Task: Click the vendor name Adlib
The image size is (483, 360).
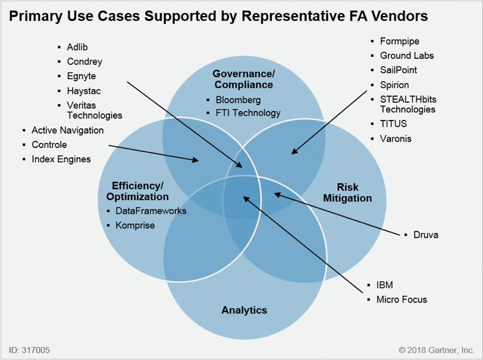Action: pyautogui.click(x=77, y=46)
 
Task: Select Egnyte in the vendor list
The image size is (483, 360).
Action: pyautogui.click(x=81, y=76)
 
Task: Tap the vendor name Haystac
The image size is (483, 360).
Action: pyautogui.click(x=83, y=91)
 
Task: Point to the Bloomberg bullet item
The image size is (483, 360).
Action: pyautogui.click(x=238, y=100)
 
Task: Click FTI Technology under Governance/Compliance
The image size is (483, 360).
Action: pyautogui.click(x=248, y=112)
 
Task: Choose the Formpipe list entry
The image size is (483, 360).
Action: pyautogui.click(x=400, y=41)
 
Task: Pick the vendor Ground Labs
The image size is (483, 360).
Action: pyautogui.click(x=407, y=56)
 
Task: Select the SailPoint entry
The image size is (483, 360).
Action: pyautogui.click(x=399, y=70)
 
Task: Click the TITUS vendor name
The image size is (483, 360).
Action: pyautogui.click(x=393, y=124)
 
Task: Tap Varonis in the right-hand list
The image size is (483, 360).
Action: pyautogui.click(x=396, y=138)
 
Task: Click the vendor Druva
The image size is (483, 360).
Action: pyautogui.click(x=425, y=235)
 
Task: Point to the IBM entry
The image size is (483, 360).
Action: pyautogui.click(x=384, y=285)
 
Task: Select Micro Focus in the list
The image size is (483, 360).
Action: pyautogui.click(x=402, y=299)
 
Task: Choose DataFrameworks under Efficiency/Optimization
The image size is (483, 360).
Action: pyautogui.click(x=151, y=211)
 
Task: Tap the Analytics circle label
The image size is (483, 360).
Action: pyautogui.click(x=244, y=310)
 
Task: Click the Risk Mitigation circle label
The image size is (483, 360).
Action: pyautogui.click(x=347, y=192)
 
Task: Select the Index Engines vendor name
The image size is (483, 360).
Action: pyautogui.click(x=61, y=159)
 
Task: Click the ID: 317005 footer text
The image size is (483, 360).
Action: pyautogui.click(x=28, y=349)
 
